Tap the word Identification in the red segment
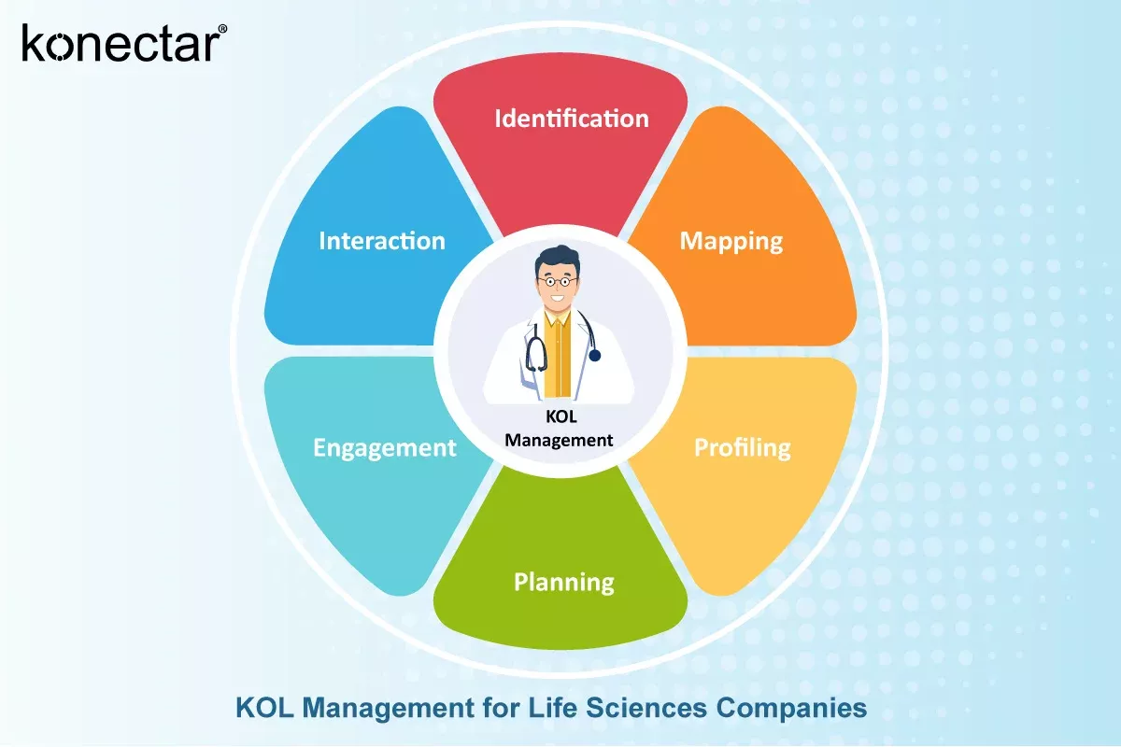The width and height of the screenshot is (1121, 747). [x=571, y=119]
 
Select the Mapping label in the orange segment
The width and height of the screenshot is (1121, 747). [x=731, y=241]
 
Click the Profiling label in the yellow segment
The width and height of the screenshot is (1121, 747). [x=742, y=447]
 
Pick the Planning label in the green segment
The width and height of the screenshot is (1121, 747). [x=564, y=583]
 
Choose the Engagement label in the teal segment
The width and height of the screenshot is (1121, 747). [x=384, y=447]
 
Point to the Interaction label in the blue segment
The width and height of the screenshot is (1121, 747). [x=382, y=241]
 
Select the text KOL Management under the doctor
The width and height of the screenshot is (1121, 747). [x=559, y=429]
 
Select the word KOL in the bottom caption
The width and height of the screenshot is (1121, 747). [x=260, y=708]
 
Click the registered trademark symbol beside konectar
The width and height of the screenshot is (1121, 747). [x=221, y=30]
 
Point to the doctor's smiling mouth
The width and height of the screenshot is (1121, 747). [x=559, y=300]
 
